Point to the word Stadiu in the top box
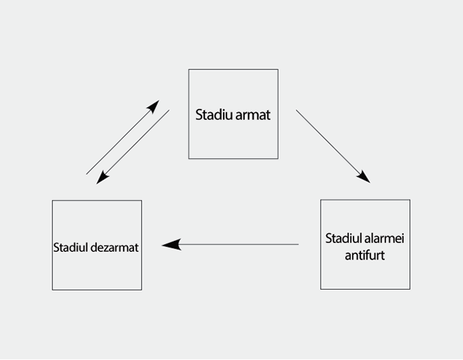[x=214, y=114]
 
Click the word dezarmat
[x=116, y=247]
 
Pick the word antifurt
[x=365, y=255]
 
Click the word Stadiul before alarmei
[x=343, y=239]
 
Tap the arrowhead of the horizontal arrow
[x=170, y=244]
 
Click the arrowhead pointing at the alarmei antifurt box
[x=364, y=177]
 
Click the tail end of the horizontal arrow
[x=297, y=244]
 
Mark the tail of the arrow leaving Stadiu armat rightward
[x=297, y=111]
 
